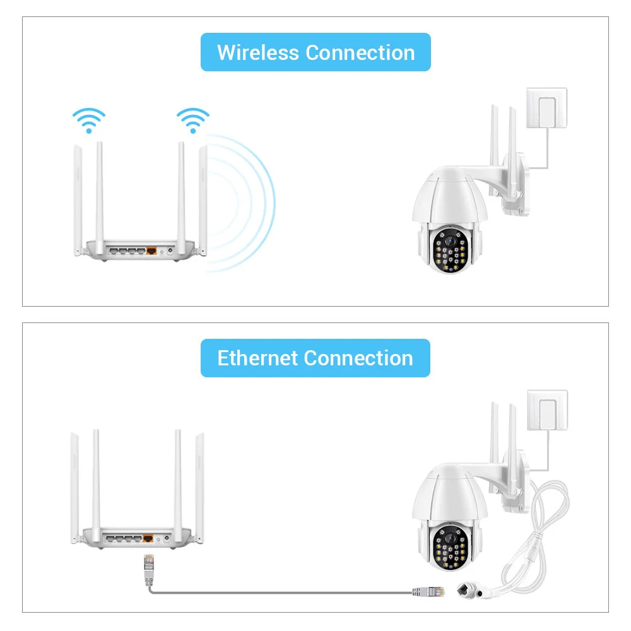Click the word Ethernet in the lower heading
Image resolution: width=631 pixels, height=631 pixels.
[257, 358]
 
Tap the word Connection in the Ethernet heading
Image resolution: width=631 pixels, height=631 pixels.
[358, 358]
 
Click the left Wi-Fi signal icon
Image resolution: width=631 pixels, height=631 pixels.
[88, 120]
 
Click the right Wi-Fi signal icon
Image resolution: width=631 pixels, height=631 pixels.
[192, 120]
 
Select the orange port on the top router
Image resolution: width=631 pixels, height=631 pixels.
[152, 251]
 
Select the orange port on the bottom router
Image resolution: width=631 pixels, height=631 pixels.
[149, 539]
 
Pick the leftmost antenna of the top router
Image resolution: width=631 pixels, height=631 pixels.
[77, 202]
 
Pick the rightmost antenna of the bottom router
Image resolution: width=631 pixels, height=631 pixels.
[200, 486]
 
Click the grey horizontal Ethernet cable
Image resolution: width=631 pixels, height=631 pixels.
[284, 593]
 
